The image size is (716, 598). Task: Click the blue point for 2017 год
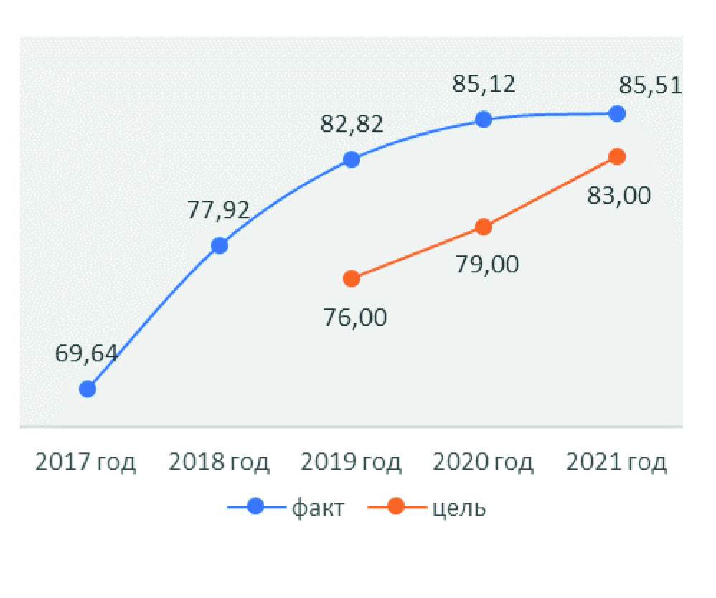pos(88,389)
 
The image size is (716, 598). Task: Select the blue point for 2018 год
pos(220,246)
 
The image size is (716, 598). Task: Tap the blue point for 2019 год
pos(352,159)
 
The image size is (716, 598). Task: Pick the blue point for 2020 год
pos(484,119)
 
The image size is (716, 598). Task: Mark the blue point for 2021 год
pos(616,113)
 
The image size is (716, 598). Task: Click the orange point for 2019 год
pos(352,278)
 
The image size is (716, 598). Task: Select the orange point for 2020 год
pos(484,227)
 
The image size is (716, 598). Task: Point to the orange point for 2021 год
pos(616,156)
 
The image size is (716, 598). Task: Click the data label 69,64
pos(86,353)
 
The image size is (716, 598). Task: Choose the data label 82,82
pos(352,124)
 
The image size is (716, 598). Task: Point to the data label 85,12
pos(484,85)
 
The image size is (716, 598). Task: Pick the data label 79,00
pos(488,265)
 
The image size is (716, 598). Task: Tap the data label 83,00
pos(619,194)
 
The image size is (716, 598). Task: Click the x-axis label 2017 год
pos(86,462)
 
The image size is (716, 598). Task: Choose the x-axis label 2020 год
pos(484,462)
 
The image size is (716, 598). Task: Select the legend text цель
pos(461,508)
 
